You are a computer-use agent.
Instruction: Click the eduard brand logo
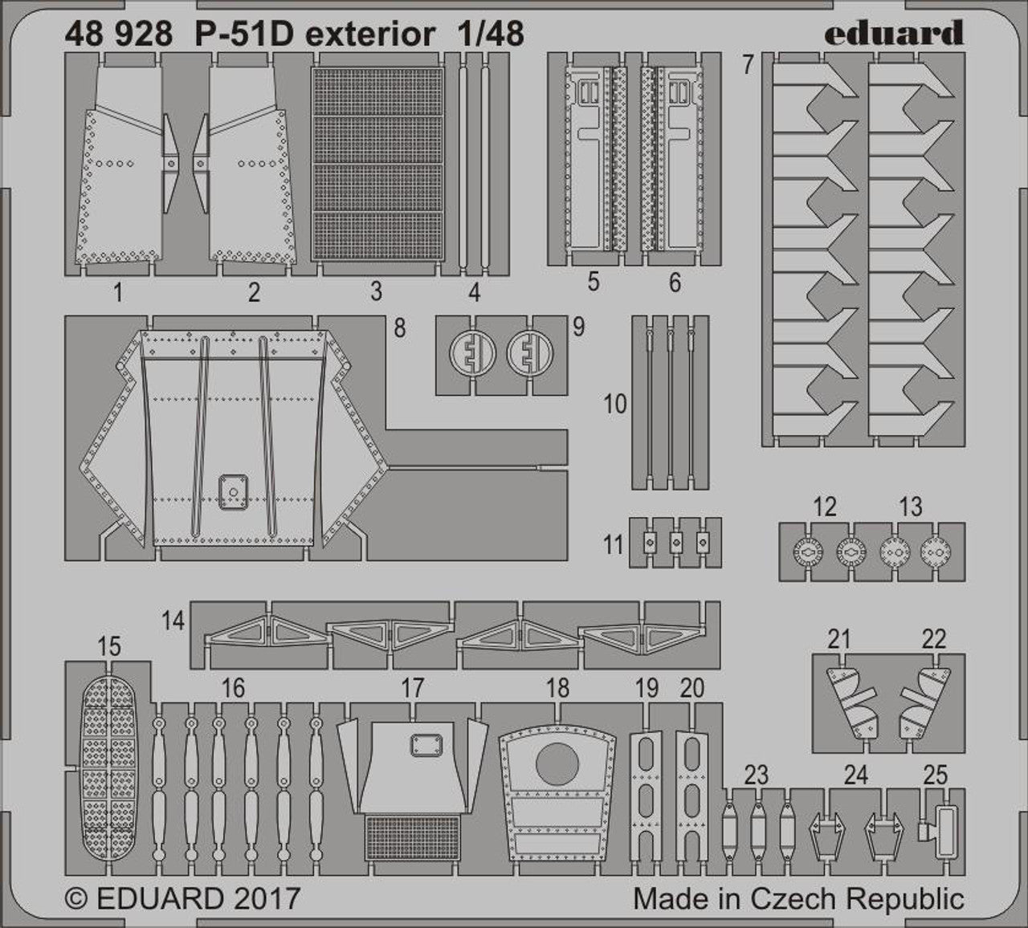pos(895,33)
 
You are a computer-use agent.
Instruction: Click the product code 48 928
pos(119,35)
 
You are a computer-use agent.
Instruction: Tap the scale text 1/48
pos(490,35)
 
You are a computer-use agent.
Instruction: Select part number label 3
pos(376,291)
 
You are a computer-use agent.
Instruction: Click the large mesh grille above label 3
pos(377,163)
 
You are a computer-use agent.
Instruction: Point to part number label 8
pos(400,328)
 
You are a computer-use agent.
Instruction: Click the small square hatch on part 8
pos(233,492)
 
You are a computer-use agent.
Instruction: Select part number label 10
pos(615,405)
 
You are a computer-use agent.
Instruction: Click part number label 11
pos(613,545)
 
